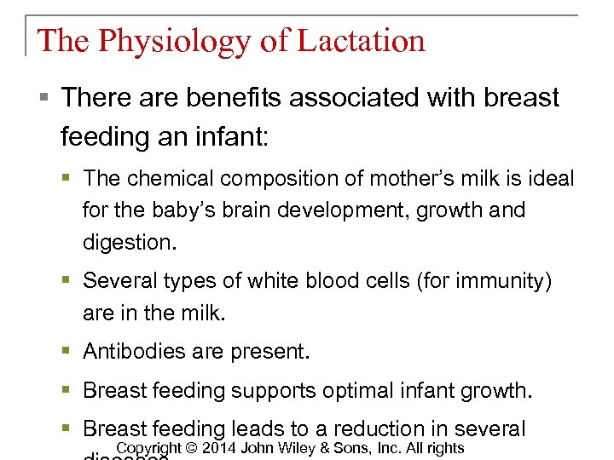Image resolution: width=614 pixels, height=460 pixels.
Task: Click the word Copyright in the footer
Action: (x=149, y=449)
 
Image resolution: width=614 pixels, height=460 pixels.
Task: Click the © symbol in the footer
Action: (x=192, y=449)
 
